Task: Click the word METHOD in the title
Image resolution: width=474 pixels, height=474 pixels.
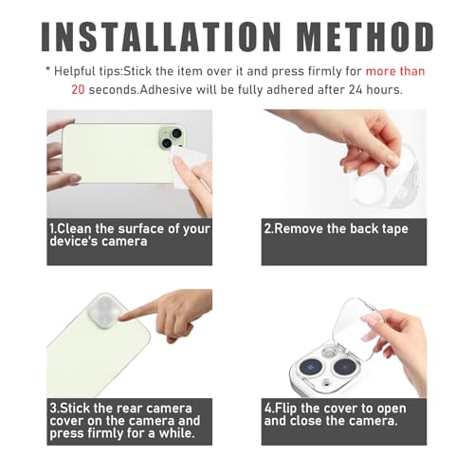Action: coord(366,37)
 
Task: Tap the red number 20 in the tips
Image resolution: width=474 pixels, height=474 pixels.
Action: coord(78,90)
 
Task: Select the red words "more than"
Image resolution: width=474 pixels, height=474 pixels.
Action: coord(395,71)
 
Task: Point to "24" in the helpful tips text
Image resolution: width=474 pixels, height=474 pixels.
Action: coord(355,90)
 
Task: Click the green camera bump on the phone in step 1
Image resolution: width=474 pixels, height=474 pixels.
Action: coord(171,138)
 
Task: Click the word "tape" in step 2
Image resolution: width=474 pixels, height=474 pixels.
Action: coord(395,229)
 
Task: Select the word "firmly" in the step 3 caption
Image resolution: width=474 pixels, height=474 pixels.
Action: coord(105,433)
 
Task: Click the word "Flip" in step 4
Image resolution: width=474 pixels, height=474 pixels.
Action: coord(285,409)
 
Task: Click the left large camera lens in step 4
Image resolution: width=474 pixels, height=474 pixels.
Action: coord(311,368)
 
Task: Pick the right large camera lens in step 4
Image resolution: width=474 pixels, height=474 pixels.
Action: coord(345,367)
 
